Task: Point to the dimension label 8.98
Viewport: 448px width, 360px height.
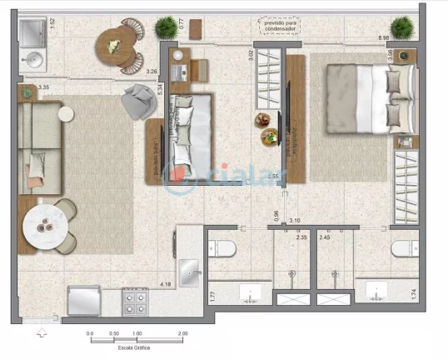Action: (x=384, y=38)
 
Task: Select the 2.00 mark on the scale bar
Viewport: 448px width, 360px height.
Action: (x=182, y=333)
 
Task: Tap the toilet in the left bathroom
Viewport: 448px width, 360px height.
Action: (x=222, y=247)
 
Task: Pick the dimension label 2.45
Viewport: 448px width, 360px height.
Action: (x=326, y=237)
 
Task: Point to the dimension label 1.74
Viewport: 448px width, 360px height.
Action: (x=413, y=293)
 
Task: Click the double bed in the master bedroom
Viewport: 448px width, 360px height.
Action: (x=360, y=98)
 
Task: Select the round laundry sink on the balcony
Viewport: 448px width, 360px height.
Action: (x=35, y=60)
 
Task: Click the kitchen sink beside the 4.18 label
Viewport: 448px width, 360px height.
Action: (x=190, y=272)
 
